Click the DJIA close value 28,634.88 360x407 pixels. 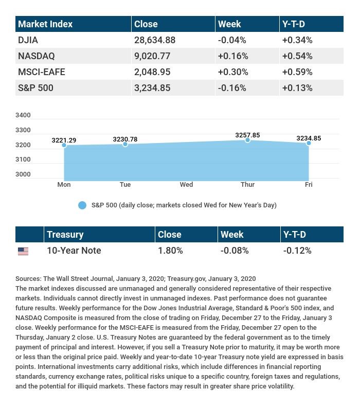(x=154, y=40)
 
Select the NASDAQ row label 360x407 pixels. (x=36, y=56)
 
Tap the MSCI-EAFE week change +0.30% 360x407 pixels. (x=233, y=72)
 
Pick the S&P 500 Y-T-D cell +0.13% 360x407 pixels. (x=297, y=87)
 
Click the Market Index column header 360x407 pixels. (x=45, y=24)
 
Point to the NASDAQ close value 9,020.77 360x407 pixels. (x=151, y=56)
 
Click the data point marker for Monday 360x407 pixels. (x=64, y=145)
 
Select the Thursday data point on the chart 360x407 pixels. (x=247, y=140)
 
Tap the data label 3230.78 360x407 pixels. (x=125, y=139)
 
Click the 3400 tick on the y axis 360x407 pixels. (x=23, y=115)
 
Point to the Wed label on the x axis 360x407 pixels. (x=186, y=184)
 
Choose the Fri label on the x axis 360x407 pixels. (x=309, y=184)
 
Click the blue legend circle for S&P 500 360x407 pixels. (x=82, y=205)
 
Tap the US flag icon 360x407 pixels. (x=23, y=251)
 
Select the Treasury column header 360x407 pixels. (x=65, y=235)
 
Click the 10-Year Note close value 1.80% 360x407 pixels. (x=170, y=251)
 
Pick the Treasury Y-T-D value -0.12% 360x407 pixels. (x=297, y=251)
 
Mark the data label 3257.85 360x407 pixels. (x=247, y=135)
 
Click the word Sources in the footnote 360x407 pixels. (x=29, y=278)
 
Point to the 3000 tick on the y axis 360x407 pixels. (x=23, y=174)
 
